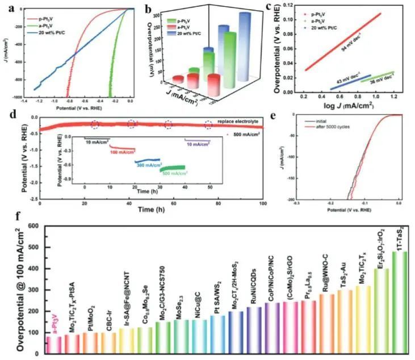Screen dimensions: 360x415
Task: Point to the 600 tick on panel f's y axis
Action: pos(32,226)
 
